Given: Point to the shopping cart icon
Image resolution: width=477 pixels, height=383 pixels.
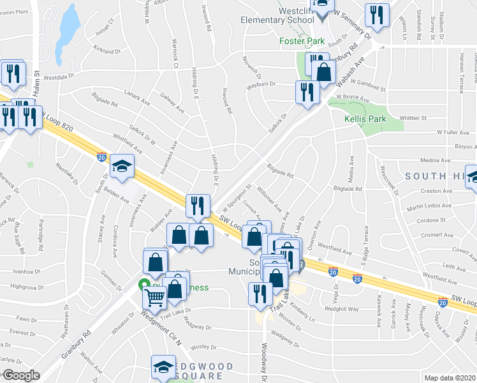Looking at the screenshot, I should (155, 297).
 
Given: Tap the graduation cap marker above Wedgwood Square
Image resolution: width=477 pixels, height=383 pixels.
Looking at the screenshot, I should (163, 368).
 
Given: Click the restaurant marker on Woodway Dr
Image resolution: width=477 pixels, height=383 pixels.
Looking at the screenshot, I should (260, 294).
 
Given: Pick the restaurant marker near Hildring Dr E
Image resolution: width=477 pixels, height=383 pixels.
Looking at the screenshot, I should (198, 206).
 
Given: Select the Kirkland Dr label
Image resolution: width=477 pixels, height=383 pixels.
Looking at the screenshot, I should (106, 51).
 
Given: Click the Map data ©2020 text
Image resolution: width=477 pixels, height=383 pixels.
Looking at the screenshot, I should (449, 378).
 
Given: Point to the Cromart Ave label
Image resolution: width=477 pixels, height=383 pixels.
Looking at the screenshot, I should (437, 235).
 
